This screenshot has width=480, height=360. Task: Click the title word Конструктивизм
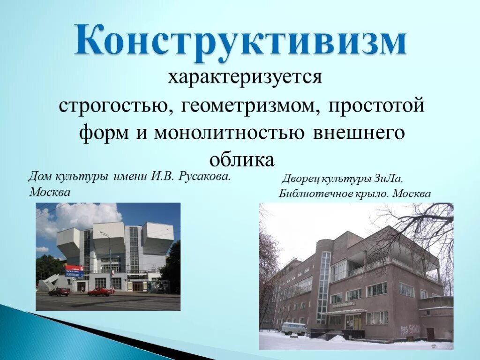[x=240, y=43]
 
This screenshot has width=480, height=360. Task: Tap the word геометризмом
[x=248, y=106]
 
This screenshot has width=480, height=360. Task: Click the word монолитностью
[x=229, y=133]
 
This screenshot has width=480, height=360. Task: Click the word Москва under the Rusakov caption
[x=50, y=192]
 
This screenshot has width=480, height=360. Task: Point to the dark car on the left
[x=59, y=292]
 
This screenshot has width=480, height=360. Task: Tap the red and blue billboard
[x=75, y=271]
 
